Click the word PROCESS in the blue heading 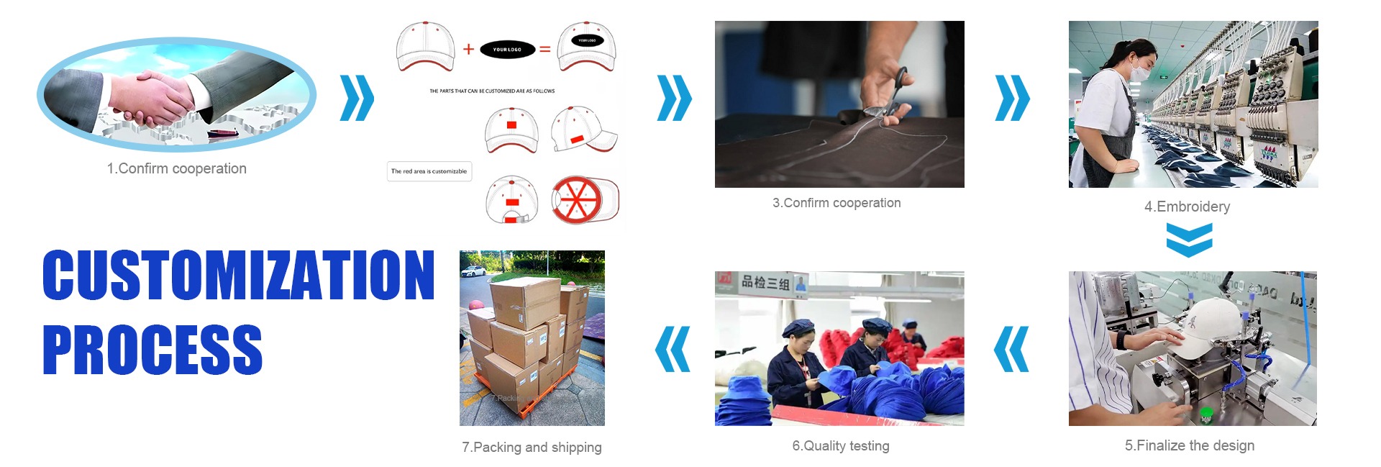[x=152, y=350]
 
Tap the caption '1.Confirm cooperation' [x=176, y=168]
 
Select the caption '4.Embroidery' [x=1187, y=207]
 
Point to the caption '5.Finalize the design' [x=1189, y=445]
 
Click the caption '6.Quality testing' [x=840, y=446]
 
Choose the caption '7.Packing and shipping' [x=532, y=447]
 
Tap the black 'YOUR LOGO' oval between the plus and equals [x=507, y=50]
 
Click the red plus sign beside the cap [x=468, y=49]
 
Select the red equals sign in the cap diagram [x=545, y=49]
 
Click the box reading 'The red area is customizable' [x=429, y=171]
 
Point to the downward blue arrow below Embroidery [x=1189, y=240]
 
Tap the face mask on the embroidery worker [x=1139, y=69]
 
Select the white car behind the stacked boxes [x=475, y=271]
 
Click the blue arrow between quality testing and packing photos [x=673, y=349]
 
